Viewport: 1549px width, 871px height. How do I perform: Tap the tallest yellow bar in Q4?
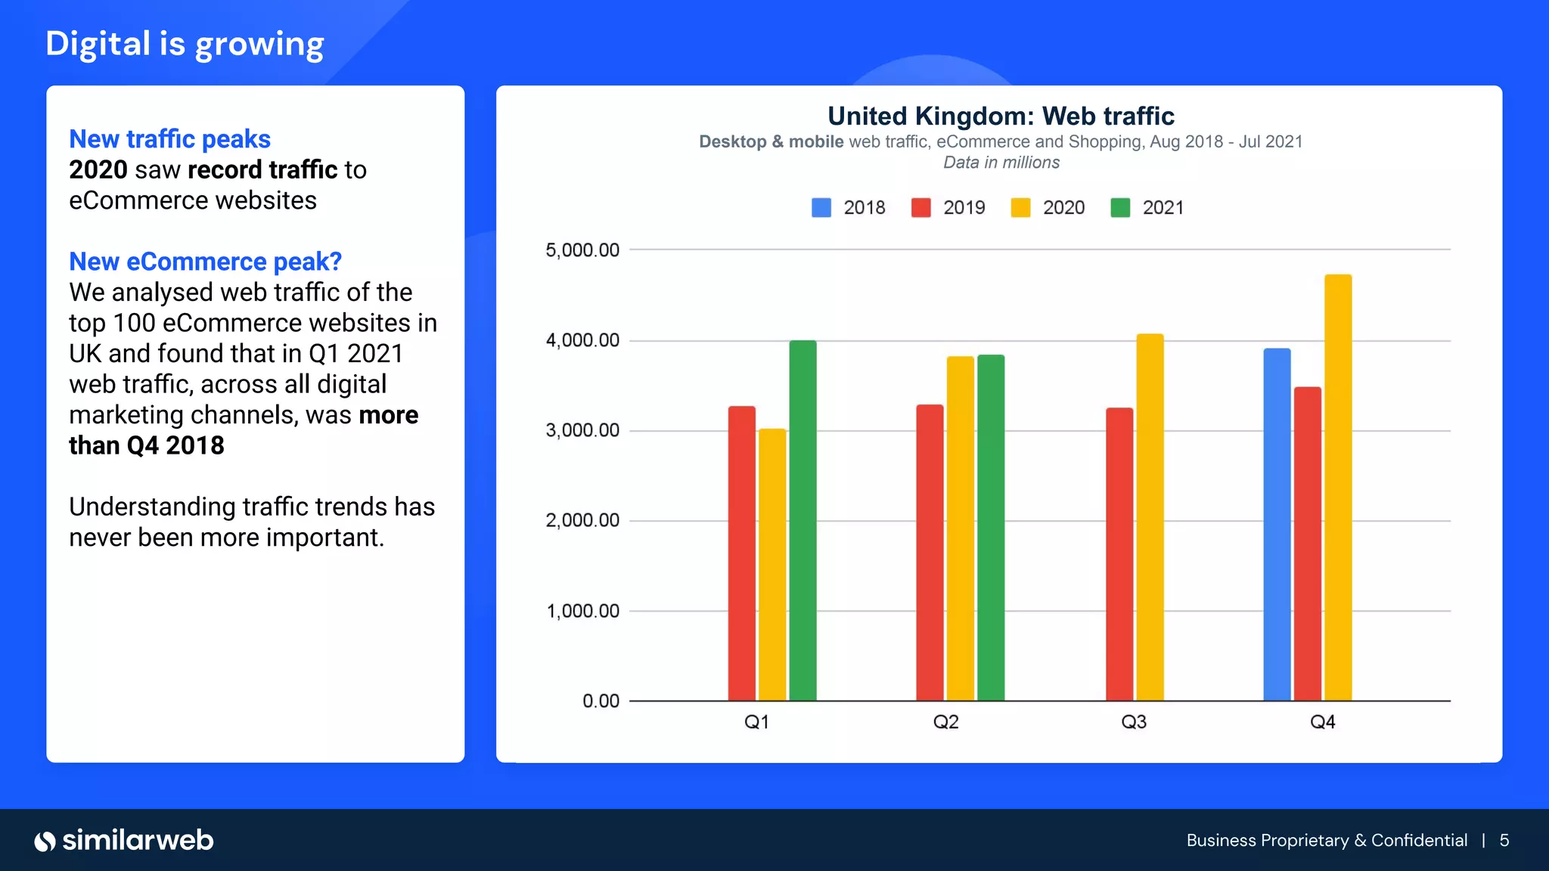tap(1337, 488)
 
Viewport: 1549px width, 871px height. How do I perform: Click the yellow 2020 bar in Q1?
tap(772, 565)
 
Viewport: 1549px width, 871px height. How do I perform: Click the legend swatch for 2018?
tap(821, 208)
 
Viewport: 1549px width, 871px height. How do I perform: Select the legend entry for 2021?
tap(1147, 208)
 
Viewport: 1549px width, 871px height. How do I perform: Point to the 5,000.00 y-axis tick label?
tap(582, 250)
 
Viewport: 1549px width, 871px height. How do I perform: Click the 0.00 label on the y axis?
tap(601, 701)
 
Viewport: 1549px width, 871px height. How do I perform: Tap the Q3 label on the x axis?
tap(1134, 722)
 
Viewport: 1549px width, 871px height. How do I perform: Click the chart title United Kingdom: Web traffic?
tap(1001, 116)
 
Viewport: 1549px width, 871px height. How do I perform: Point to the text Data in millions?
tap(1001, 163)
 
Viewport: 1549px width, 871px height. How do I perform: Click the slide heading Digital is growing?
tap(185, 44)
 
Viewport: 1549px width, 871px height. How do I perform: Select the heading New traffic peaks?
tap(169, 139)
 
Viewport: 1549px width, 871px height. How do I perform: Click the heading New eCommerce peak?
tap(205, 262)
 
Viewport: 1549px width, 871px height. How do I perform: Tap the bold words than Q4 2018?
tap(147, 446)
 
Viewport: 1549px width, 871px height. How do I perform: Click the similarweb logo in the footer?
tap(124, 840)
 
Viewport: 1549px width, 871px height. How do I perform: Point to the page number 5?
tap(1504, 840)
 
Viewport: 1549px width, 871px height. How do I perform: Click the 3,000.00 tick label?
tap(582, 430)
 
